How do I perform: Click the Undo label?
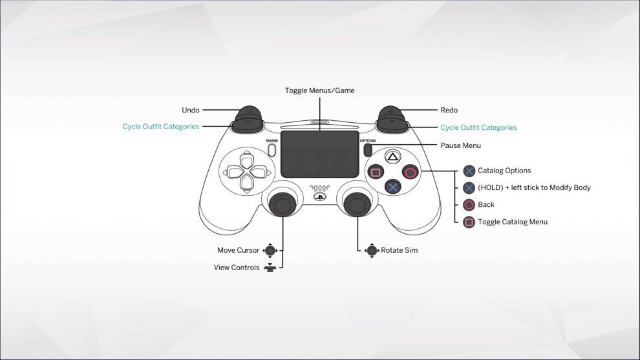click(191, 111)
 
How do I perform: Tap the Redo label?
click(449, 111)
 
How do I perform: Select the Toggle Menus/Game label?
click(319, 90)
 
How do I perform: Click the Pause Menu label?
click(460, 145)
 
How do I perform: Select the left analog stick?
click(283, 204)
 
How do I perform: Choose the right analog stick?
click(356, 204)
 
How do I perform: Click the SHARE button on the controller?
click(272, 150)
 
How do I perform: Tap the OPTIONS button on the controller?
click(367, 150)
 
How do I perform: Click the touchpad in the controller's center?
click(319, 154)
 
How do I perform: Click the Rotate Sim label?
click(399, 250)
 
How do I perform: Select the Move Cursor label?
click(238, 250)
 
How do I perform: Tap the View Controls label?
click(237, 268)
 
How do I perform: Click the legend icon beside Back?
click(469, 205)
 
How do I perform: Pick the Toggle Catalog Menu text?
click(513, 222)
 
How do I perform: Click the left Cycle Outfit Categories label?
click(161, 127)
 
